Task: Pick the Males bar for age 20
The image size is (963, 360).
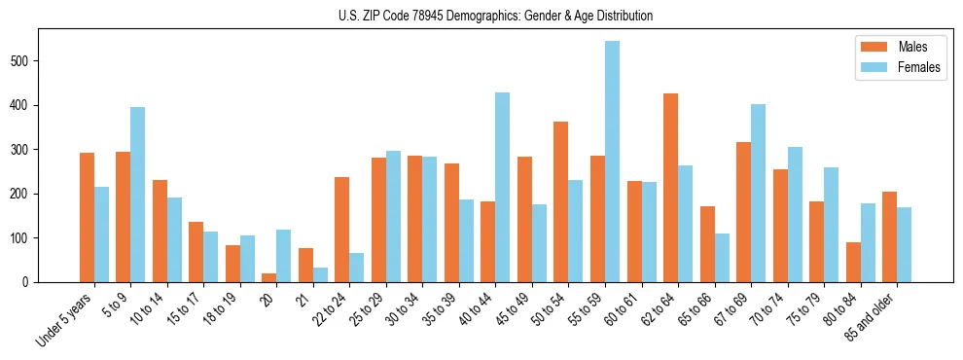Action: [268, 278]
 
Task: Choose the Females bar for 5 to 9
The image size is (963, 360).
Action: [138, 195]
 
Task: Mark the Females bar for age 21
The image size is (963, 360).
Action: [320, 275]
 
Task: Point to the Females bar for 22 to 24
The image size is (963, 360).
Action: [357, 268]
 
